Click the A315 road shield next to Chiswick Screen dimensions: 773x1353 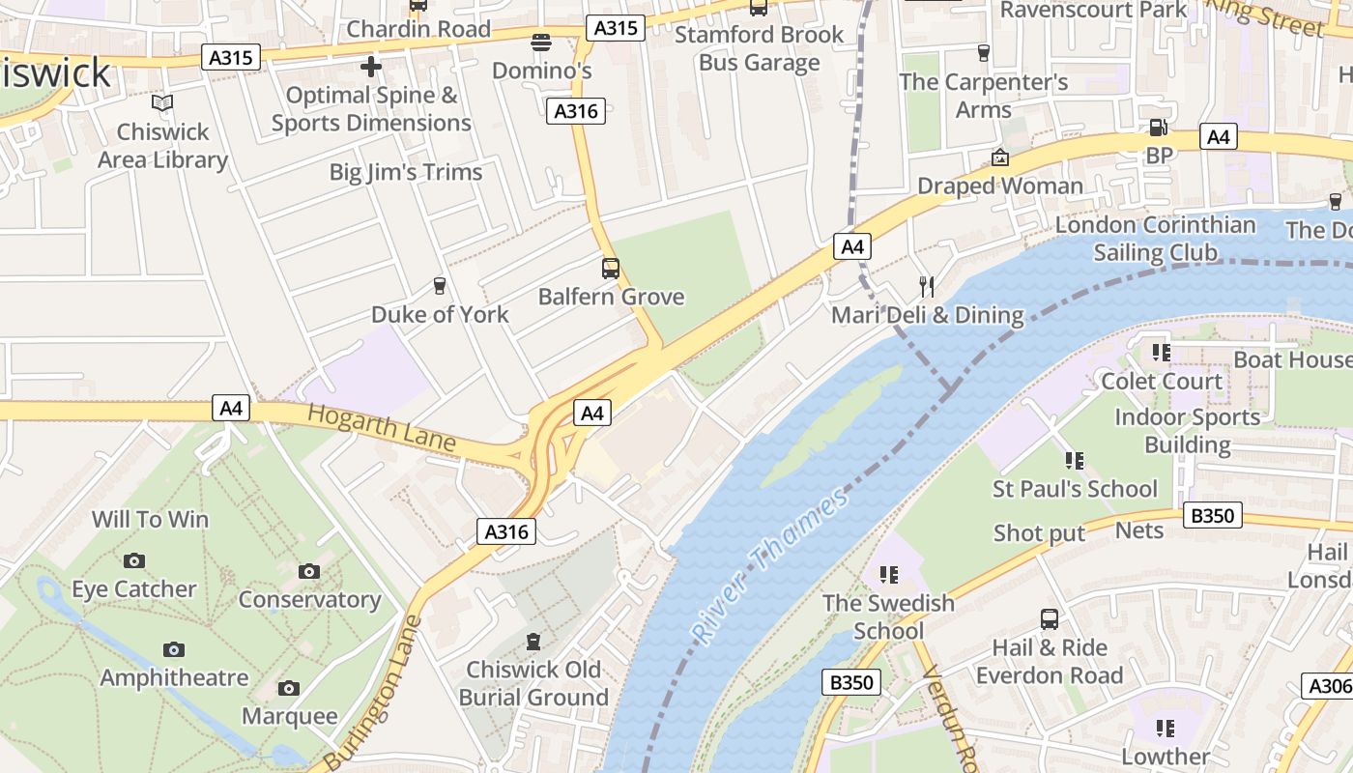pos(232,58)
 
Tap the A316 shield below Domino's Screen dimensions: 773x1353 pos(576,111)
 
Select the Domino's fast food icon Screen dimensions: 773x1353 pos(541,43)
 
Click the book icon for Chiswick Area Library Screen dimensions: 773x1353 pos(162,103)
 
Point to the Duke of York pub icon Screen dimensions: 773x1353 pos(440,286)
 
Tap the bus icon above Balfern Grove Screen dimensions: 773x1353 pos(611,269)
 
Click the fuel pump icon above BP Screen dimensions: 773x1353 pos(1157,128)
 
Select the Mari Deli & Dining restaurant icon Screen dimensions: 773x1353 pos(927,286)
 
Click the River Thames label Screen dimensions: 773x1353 pos(770,565)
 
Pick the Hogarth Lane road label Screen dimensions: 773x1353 pos(382,427)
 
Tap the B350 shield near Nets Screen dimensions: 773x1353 pos(1212,516)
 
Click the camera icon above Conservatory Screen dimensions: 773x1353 pos(309,571)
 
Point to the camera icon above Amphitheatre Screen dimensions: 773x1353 pos(174,649)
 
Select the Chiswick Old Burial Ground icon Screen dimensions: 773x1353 pos(533,642)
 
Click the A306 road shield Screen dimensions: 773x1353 pos(1328,686)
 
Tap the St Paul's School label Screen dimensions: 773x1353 pos(1075,489)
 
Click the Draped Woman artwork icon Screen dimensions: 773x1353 pos(1000,157)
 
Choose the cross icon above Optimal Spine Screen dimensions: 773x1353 pos(371,67)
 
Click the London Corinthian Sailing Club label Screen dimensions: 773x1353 pos(1155,239)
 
